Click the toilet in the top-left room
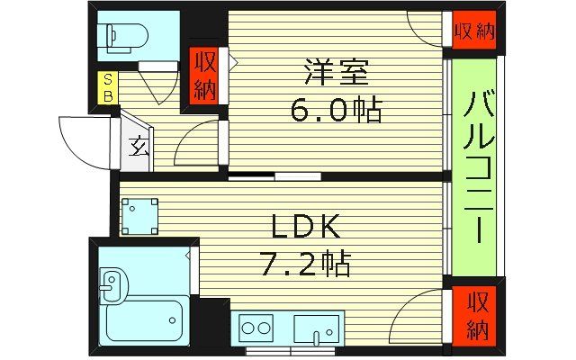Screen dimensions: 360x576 click(x=123, y=37)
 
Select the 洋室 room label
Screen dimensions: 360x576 click(x=337, y=71)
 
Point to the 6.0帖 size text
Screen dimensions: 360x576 click(x=336, y=111)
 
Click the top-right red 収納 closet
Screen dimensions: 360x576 click(x=473, y=32)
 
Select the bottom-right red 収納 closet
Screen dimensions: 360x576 click(x=474, y=316)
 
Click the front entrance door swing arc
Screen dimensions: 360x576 click(x=83, y=139)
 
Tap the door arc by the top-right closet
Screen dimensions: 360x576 click(x=425, y=28)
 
